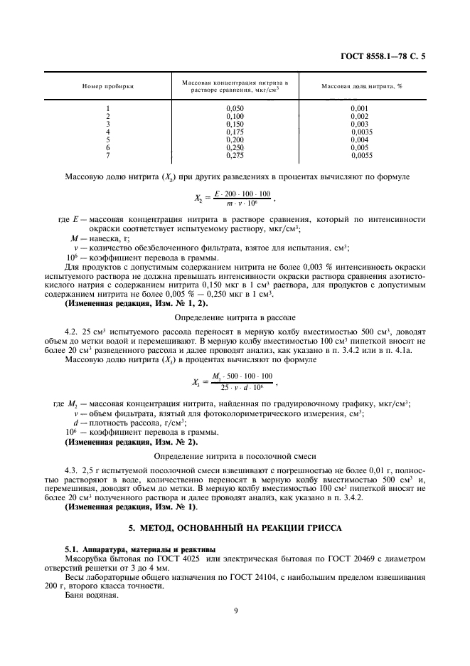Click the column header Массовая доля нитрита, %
coord(362,85)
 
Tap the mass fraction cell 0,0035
coord(362,132)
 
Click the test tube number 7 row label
coord(107,155)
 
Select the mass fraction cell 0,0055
coord(362,155)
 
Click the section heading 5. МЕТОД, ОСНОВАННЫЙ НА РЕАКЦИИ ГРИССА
coord(235,528)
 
